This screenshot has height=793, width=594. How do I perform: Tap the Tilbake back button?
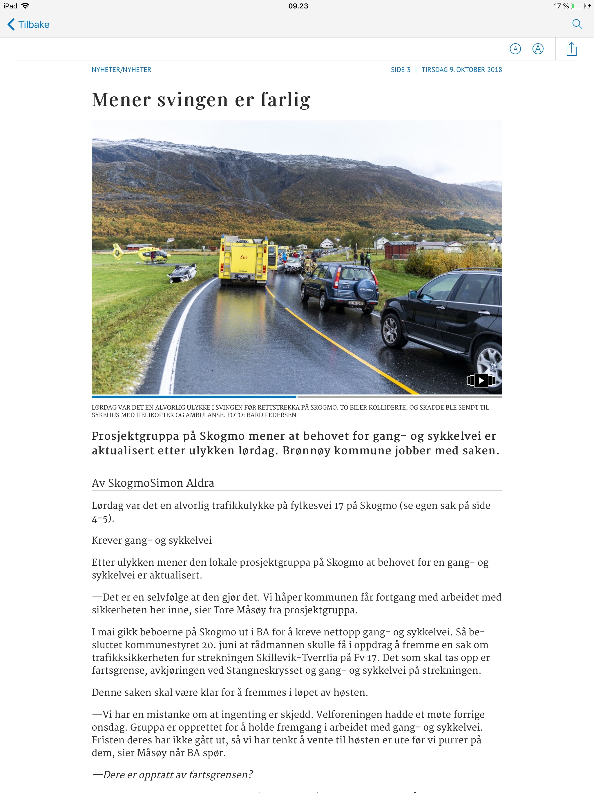pyautogui.click(x=28, y=24)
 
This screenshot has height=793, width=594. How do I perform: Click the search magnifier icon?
pyautogui.click(x=577, y=24)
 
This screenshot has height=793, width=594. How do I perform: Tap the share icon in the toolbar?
pyautogui.click(x=571, y=49)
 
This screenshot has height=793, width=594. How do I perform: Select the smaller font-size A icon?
pyautogui.click(x=515, y=49)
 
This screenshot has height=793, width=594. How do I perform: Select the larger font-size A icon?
pyautogui.click(x=538, y=49)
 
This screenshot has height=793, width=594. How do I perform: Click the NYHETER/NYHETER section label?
pyautogui.click(x=122, y=70)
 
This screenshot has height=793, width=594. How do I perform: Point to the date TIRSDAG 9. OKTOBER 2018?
pyautogui.click(x=461, y=70)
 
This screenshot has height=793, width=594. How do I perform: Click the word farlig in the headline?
pyautogui.click(x=285, y=100)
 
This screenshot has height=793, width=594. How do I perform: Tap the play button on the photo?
pyautogui.click(x=481, y=380)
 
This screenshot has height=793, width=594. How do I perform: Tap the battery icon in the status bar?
pyautogui.click(x=577, y=6)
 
